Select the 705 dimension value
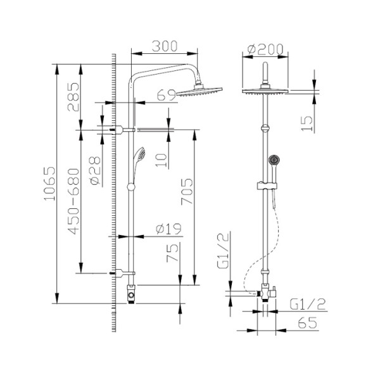click(187, 191)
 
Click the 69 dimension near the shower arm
click(166, 96)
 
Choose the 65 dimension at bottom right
click(307, 322)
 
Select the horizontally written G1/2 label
click(304, 303)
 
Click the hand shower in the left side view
click(139, 159)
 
